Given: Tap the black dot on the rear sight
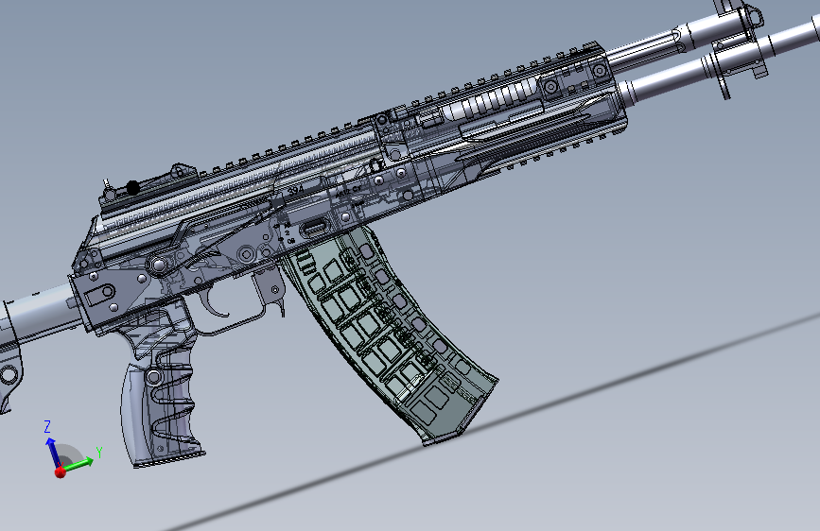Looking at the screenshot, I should (x=133, y=188).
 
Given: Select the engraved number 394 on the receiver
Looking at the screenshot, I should (x=295, y=190).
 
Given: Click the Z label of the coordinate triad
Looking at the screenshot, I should (x=47, y=427).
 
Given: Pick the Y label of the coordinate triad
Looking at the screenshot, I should (x=98, y=453).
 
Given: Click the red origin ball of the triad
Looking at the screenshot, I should (x=61, y=470).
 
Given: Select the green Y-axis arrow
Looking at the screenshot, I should (x=80, y=463).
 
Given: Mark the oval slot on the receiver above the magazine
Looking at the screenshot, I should (x=314, y=227).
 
